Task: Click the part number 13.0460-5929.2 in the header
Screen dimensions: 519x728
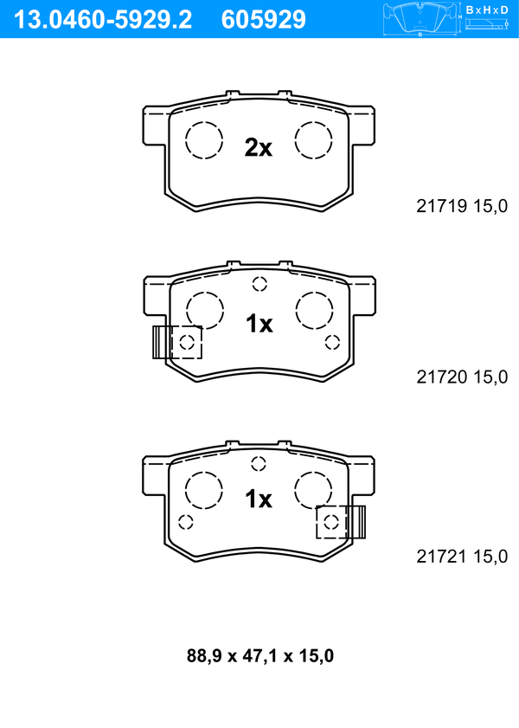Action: click(103, 20)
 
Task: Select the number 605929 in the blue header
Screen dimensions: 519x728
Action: click(264, 20)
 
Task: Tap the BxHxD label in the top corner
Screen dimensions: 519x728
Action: click(487, 10)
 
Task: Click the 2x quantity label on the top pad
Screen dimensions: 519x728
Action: click(259, 148)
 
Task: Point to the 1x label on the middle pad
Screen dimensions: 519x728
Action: click(259, 324)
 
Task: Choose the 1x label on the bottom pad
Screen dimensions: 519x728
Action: click(259, 499)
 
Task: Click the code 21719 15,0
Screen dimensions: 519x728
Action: click(462, 206)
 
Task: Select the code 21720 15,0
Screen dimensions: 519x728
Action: click(462, 377)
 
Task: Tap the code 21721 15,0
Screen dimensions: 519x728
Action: click(462, 556)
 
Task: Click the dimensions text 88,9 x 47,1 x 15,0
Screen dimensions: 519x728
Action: click(260, 655)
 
